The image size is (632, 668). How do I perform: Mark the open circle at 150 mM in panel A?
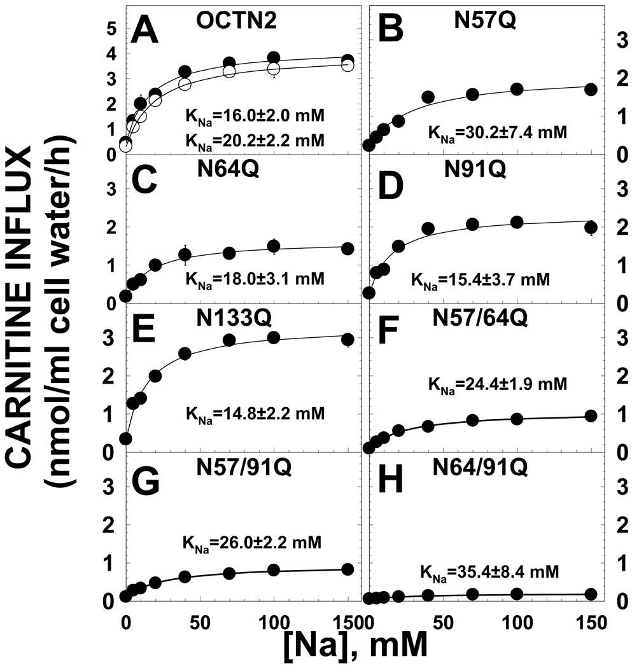click(348, 66)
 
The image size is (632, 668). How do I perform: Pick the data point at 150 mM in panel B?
click(591, 89)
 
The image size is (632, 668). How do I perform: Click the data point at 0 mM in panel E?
click(125, 438)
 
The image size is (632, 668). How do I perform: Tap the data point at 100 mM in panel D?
click(517, 222)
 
